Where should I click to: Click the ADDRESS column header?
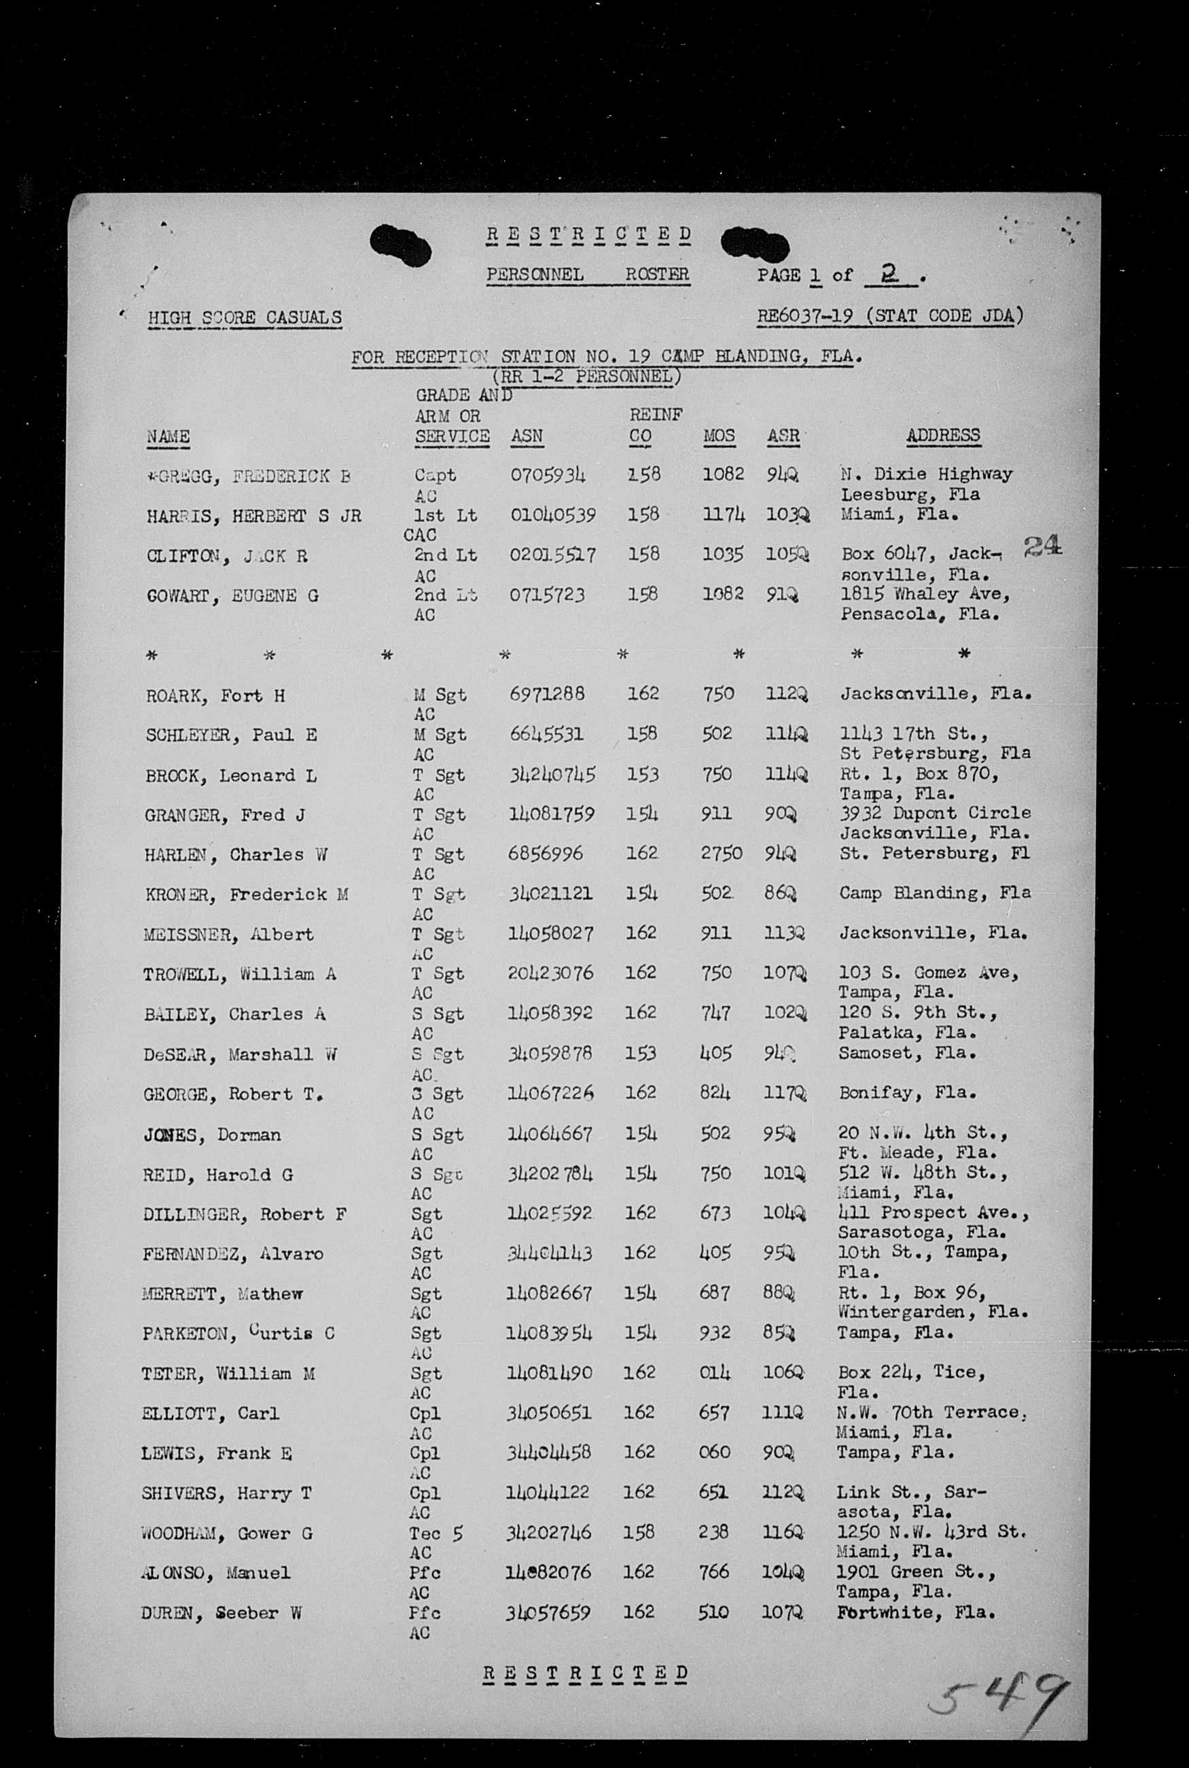pyautogui.click(x=942, y=435)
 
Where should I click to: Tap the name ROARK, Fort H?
pyautogui.click(x=215, y=695)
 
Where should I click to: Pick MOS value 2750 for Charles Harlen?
pyautogui.click(x=721, y=853)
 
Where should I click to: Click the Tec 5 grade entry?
pyautogui.click(x=436, y=1533)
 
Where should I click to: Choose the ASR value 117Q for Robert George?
pyautogui.click(x=785, y=1093)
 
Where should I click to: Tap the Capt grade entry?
pyautogui.click(x=435, y=476)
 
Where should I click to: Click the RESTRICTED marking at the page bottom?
pyautogui.click(x=586, y=1674)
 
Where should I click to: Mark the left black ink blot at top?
pyautogui.click(x=400, y=246)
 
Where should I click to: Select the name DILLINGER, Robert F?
pyautogui.click(x=244, y=1213)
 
